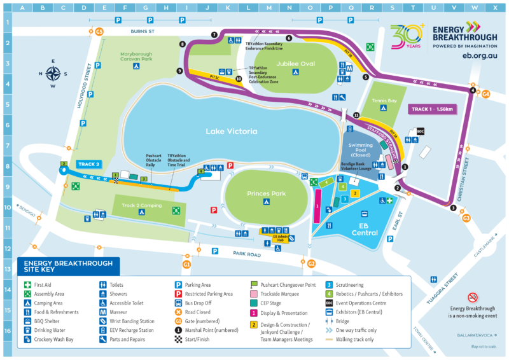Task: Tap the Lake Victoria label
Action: (x=231, y=132)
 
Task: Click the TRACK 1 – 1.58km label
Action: (x=432, y=109)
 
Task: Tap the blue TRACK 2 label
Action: (x=88, y=164)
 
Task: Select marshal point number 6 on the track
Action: (x=288, y=38)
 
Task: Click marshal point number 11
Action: (x=356, y=115)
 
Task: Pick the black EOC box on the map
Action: (x=419, y=132)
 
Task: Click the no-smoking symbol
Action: (x=472, y=298)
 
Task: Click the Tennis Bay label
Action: (x=384, y=100)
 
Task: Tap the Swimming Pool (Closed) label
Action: (x=361, y=149)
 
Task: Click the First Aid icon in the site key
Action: (x=28, y=285)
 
